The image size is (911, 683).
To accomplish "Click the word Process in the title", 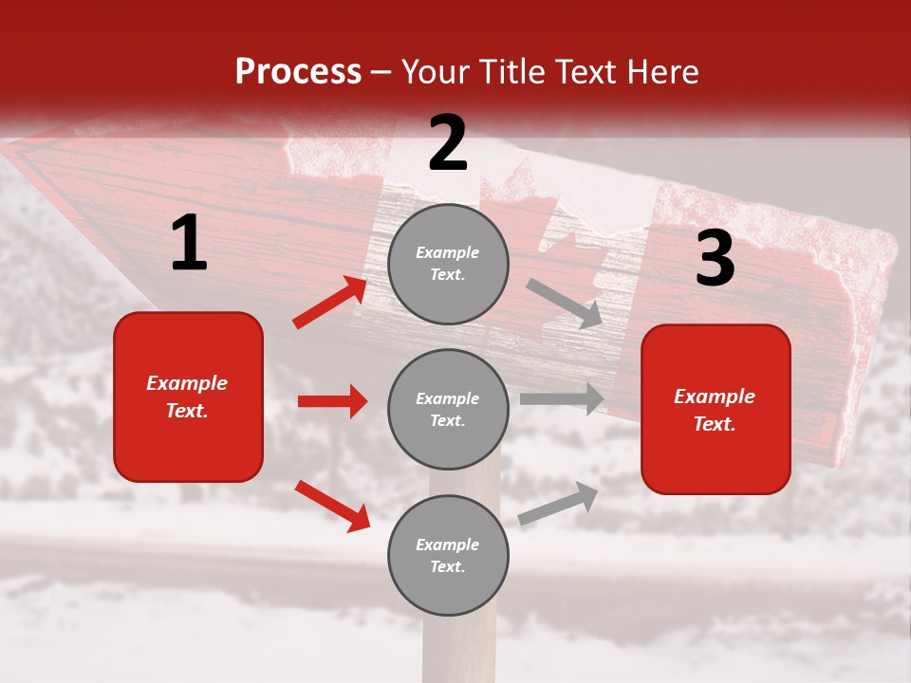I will point(298,72).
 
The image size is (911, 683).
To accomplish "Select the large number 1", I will point(189,244).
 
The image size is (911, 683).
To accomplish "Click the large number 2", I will point(448,143).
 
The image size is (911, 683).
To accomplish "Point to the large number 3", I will point(715,258).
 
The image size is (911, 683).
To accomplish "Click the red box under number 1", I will point(188,397).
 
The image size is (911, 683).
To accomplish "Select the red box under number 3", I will point(716,409).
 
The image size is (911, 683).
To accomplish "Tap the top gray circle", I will point(448,264).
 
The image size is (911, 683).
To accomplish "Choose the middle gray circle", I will point(448,409).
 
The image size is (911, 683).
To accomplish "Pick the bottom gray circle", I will point(448,555).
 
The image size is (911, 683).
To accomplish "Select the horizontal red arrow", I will point(333,401).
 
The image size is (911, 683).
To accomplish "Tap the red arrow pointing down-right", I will point(332,506).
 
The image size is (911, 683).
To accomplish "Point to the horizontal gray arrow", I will point(562,398).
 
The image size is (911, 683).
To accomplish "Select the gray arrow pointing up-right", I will point(558,504).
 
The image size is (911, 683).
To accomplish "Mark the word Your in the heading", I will point(435,72).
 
